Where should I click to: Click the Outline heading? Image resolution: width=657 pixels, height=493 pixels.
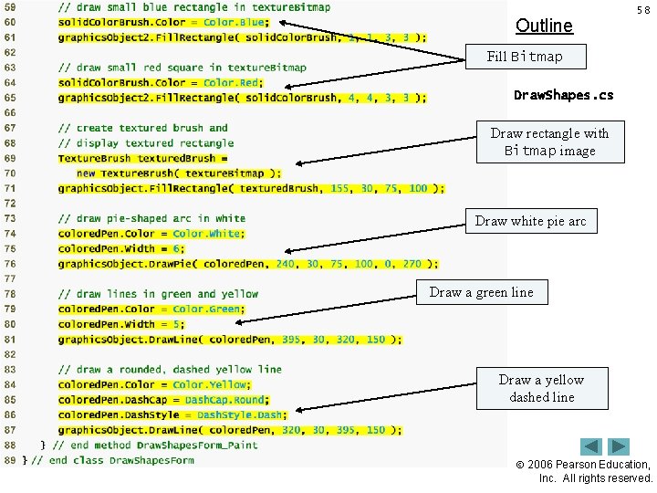544,26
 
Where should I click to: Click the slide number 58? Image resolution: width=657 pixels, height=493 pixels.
642,10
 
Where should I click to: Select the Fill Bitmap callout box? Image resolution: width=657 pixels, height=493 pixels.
525,57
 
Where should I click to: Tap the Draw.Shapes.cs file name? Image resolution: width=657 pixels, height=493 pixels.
563,95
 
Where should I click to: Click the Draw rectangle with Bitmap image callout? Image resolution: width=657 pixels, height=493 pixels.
549,142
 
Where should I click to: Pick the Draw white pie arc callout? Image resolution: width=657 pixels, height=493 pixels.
530,221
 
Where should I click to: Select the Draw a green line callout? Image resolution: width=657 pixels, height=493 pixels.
481,292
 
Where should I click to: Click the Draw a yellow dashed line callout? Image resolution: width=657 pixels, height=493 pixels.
541,388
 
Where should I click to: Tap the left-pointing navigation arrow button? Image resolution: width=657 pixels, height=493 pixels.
591,447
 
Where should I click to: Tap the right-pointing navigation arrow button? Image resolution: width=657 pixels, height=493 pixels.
620,447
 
